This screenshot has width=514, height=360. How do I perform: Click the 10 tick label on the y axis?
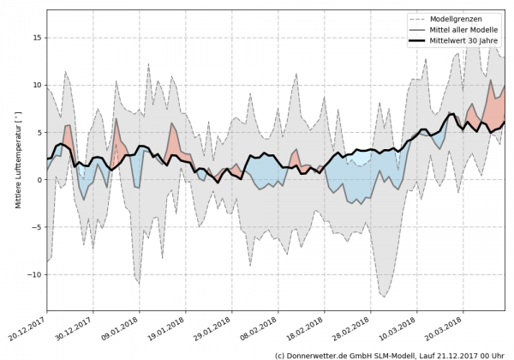tap(39, 85)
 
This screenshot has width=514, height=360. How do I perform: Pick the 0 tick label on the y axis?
tap(40, 180)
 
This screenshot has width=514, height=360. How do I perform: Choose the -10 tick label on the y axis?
tap(36, 274)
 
